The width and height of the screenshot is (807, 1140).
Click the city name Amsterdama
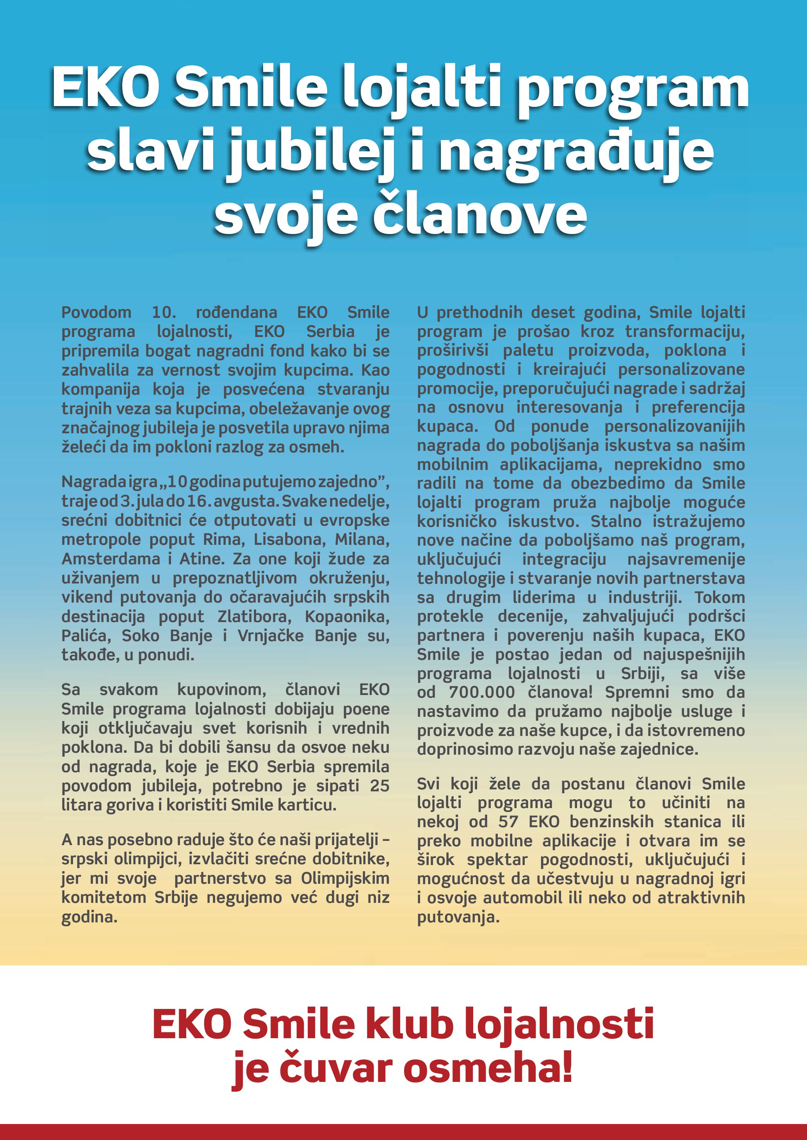[110, 558]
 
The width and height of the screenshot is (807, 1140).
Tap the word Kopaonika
[347, 616]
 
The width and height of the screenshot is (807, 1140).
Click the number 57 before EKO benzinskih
[508, 822]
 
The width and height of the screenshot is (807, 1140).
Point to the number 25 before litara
[379, 785]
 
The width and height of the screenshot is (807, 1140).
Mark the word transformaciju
[684, 331]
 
